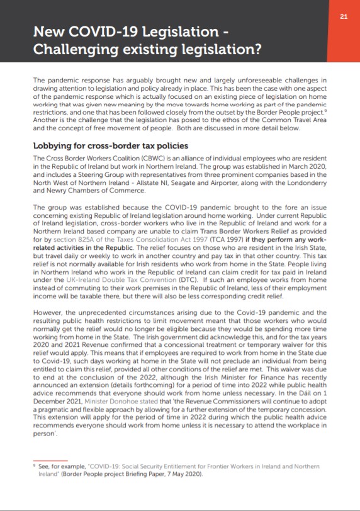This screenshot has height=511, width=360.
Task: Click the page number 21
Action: point(343,16)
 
